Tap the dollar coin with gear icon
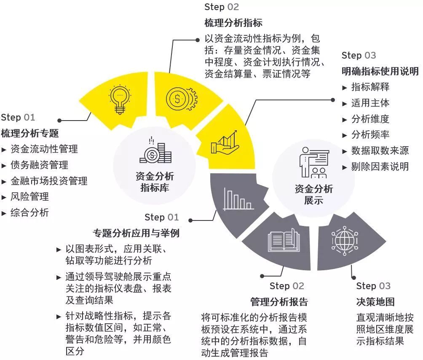[181, 99]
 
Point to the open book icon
[284, 240]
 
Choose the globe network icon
[345, 241]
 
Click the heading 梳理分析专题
[29, 133]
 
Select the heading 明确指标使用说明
[380, 71]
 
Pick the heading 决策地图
[375, 302]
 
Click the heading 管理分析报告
[279, 302]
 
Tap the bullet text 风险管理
[29, 197]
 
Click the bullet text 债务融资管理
[39, 165]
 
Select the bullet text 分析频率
[370, 134]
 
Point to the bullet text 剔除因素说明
[380, 167]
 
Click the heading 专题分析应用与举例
[136, 233]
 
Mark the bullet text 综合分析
[29, 212]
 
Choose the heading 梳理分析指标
[233, 23]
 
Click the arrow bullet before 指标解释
[344, 88]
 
